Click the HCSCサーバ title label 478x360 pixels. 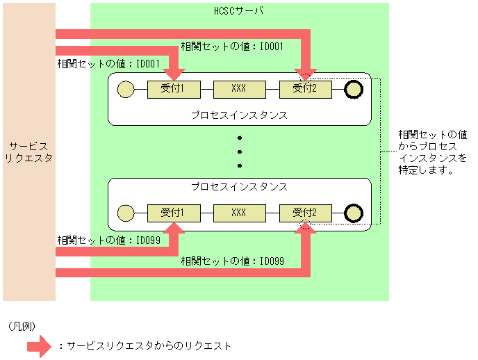238,12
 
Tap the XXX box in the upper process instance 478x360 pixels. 239,89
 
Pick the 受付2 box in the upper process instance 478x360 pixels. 305,89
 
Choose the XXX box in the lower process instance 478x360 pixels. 239,213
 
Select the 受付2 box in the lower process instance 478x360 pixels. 305,213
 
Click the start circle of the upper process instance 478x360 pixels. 126,89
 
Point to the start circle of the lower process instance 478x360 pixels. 126,213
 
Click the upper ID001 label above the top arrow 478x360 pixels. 232,47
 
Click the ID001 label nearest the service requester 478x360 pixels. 108,63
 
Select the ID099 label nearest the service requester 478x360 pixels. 108,240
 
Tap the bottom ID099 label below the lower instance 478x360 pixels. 232,261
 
